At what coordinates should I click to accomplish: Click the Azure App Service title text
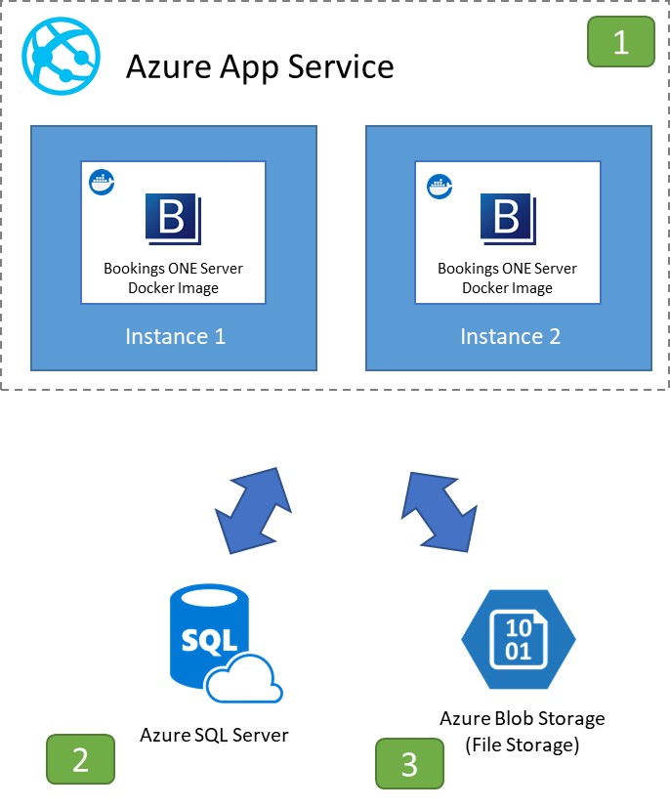(260, 66)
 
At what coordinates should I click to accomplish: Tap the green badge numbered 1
(620, 42)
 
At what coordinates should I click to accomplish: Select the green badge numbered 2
(81, 759)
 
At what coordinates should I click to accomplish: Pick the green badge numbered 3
(410, 764)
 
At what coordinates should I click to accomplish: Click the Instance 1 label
(175, 337)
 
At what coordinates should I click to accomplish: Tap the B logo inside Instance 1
(173, 218)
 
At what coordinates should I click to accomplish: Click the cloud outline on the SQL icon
(245, 677)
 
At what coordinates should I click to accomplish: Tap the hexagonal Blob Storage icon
(518, 640)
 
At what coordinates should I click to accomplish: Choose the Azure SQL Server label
(215, 734)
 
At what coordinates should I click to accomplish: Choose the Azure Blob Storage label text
(523, 718)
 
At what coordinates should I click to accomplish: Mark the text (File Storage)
(523, 745)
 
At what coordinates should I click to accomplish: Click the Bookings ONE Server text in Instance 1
(174, 269)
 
